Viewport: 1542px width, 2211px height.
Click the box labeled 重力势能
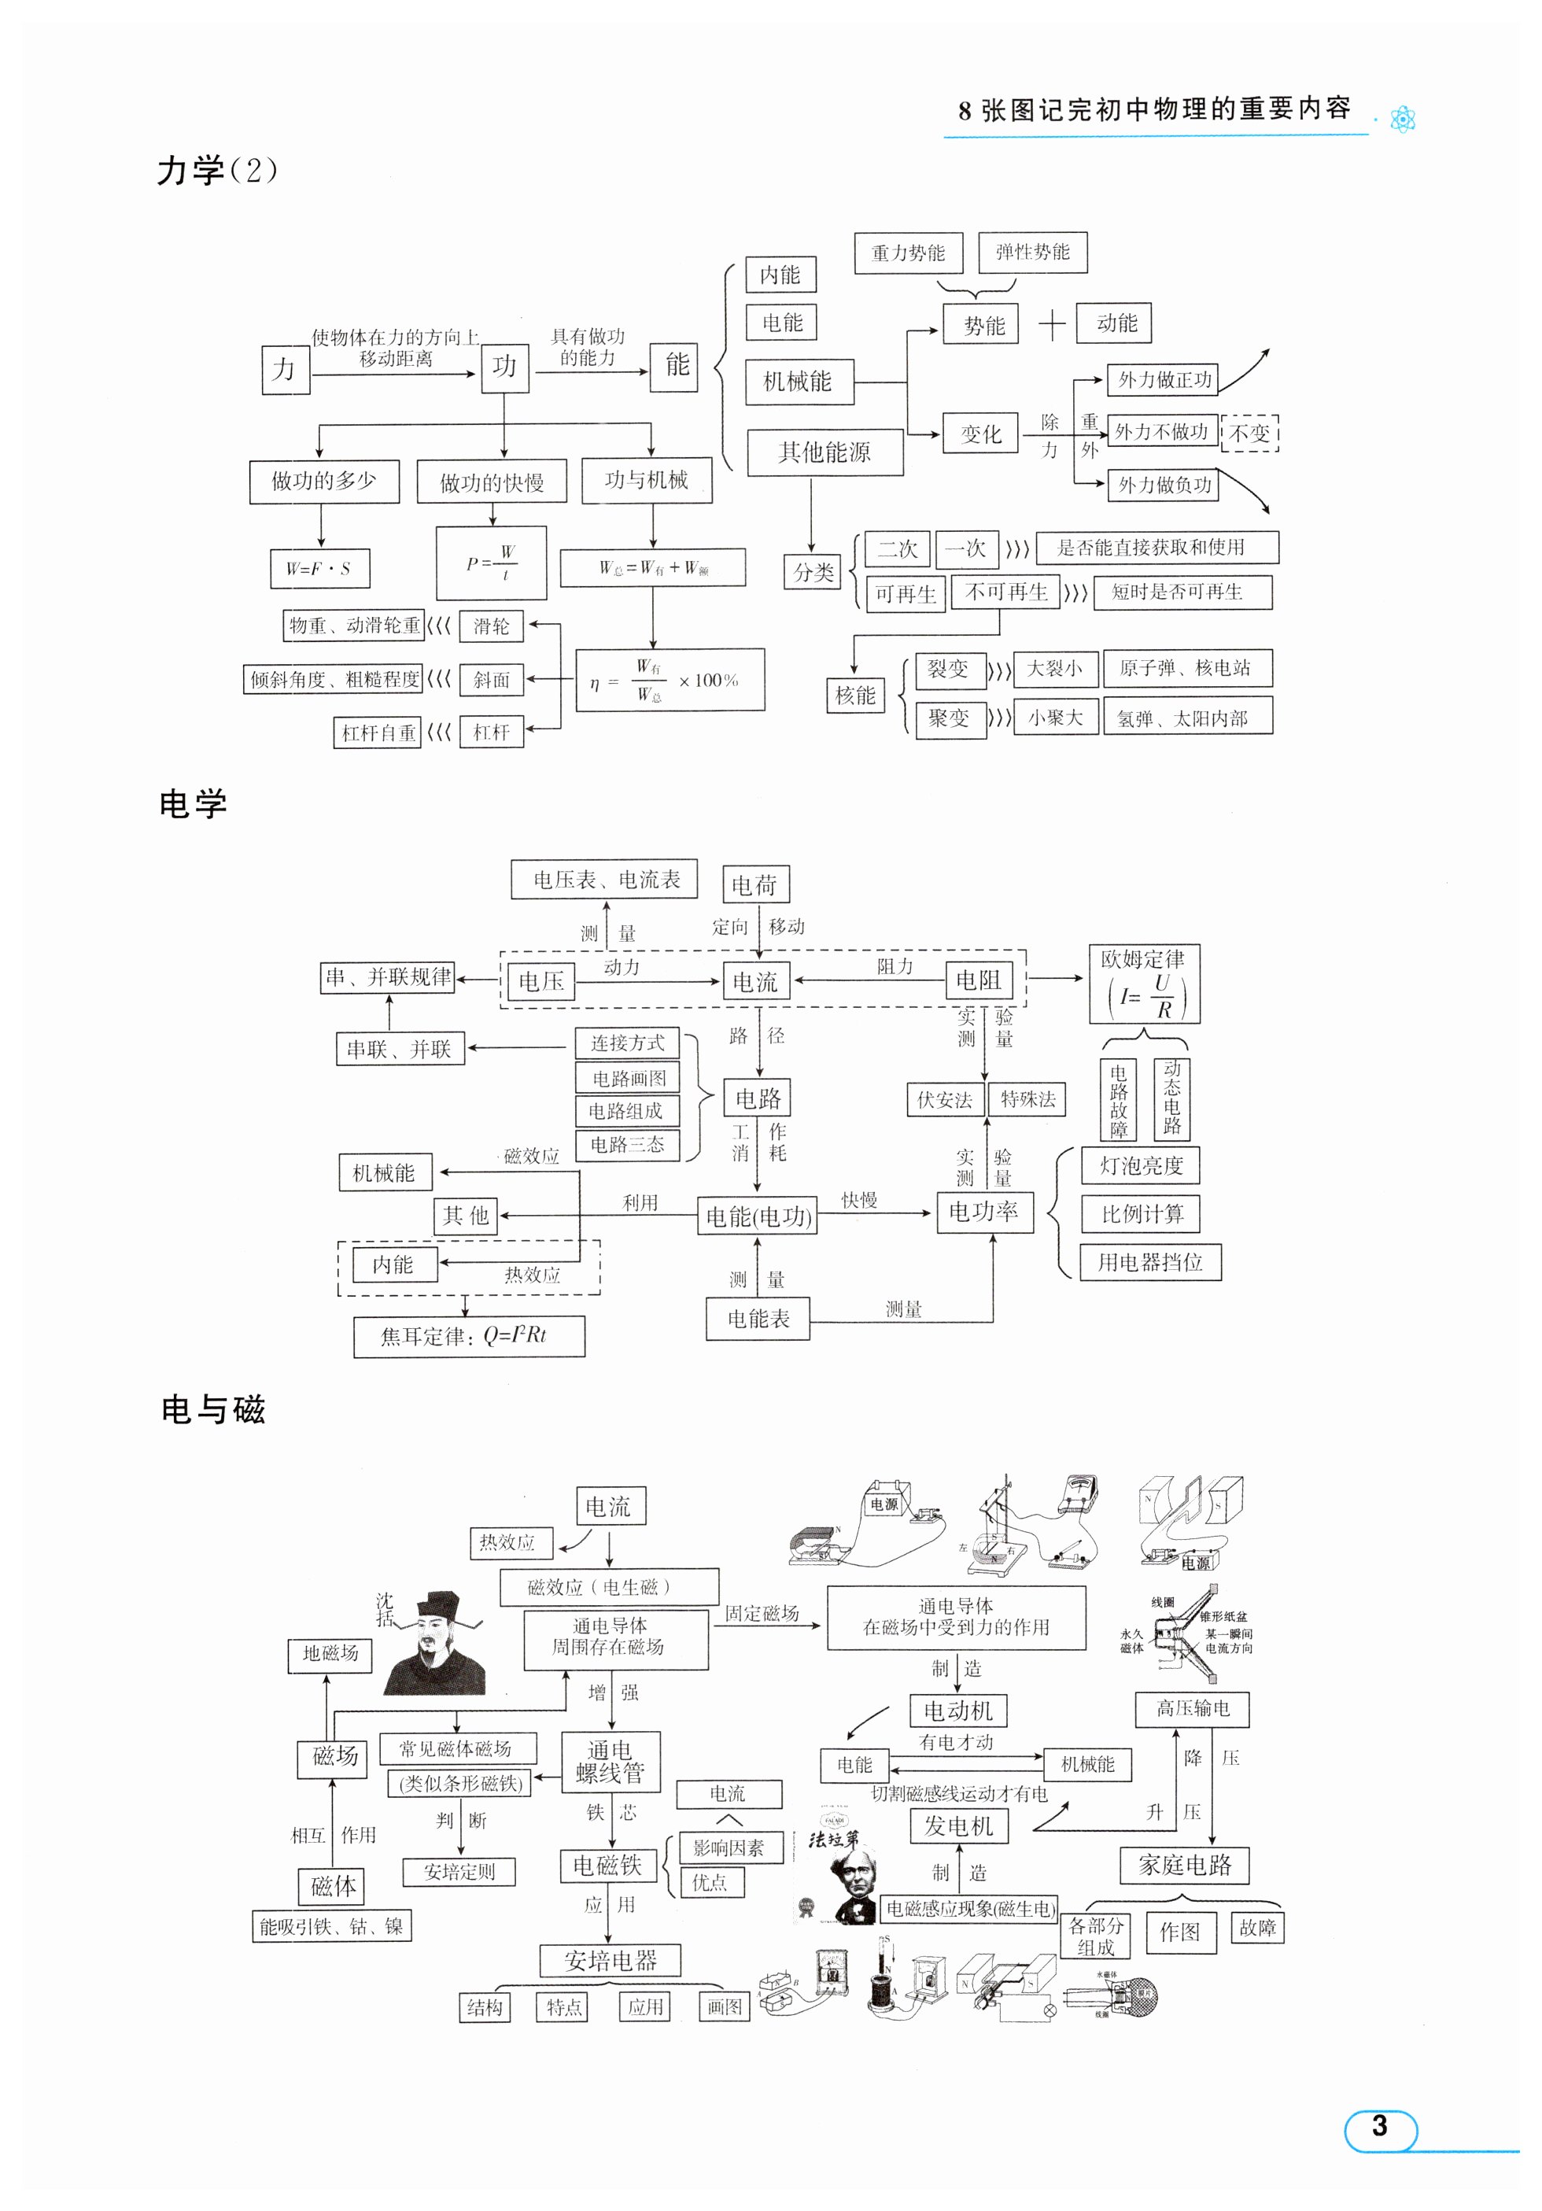[x=907, y=253]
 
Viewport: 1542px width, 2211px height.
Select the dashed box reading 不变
[x=1249, y=434]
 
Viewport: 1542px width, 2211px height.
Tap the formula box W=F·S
[x=319, y=568]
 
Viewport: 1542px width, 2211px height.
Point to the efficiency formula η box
[x=670, y=680]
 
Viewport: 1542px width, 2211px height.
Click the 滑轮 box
[x=491, y=627]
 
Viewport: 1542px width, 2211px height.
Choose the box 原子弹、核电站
[x=1186, y=668]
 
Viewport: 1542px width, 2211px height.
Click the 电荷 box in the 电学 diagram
[x=755, y=884]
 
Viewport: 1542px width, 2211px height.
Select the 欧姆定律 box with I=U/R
[x=1143, y=984]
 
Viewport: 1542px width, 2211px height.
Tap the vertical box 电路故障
[x=1117, y=1100]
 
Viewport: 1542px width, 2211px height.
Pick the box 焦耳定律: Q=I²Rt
[x=468, y=1337]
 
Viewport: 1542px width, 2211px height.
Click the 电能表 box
[x=757, y=1318]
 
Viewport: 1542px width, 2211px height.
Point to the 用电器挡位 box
[x=1150, y=1262]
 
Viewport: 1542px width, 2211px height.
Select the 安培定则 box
[x=459, y=1872]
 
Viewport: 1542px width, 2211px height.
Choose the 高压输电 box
[x=1193, y=1708]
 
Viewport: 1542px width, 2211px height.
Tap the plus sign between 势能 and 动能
[x=1052, y=324]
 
